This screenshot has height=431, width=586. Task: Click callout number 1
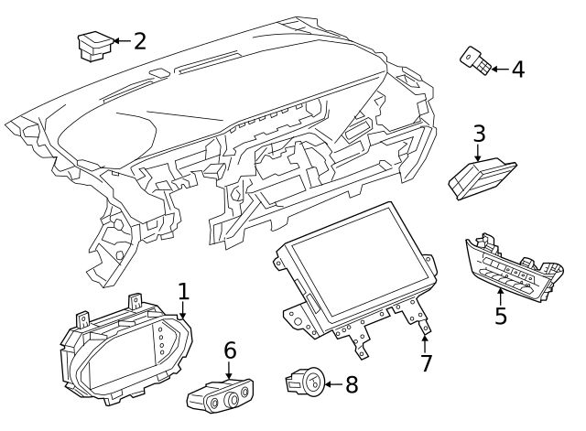pyautogui.click(x=183, y=292)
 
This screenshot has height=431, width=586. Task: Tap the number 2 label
pyautogui.click(x=139, y=41)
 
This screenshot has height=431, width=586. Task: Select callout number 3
pyautogui.click(x=478, y=134)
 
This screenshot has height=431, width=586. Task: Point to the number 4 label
pyautogui.click(x=517, y=69)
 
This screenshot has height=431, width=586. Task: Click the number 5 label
pyautogui.click(x=500, y=316)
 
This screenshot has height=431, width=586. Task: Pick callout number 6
pyautogui.click(x=230, y=350)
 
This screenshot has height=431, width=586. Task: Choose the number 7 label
pyautogui.click(x=426, y=362)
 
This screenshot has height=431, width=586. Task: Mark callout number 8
pyautogui.click(x=351, y=384)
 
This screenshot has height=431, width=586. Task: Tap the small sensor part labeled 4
pyautogui.click(x=476, y=62)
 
